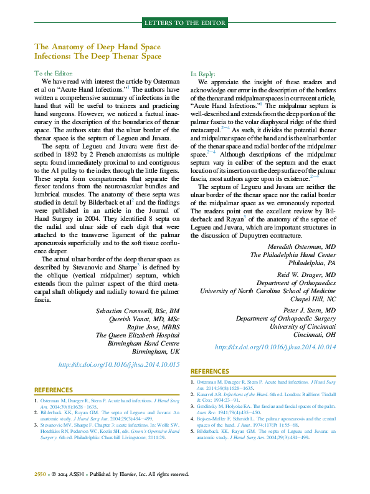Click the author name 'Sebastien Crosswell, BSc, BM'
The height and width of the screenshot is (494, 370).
(138, 311)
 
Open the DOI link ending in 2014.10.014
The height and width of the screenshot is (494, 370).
(275, 347)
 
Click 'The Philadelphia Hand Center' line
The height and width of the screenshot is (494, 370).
(293, 254)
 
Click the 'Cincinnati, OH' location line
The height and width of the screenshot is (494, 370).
(310, 334)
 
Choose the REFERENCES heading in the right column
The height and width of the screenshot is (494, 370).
(210, 371)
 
